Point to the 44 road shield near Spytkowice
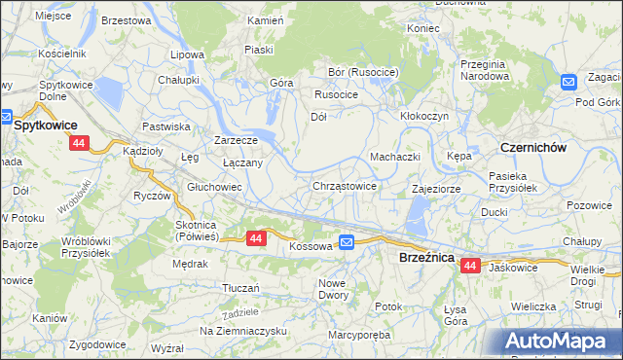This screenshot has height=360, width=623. (79, 143)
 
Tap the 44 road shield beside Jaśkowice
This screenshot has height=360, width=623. (471, 265)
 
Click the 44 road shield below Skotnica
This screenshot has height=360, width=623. (256, 237)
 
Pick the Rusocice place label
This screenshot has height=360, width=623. (336, 94)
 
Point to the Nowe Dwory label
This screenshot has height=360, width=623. (333, 288)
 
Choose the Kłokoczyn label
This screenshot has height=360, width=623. (424, 115)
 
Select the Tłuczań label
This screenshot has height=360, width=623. (240, 288)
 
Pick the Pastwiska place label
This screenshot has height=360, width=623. (166, 126)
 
